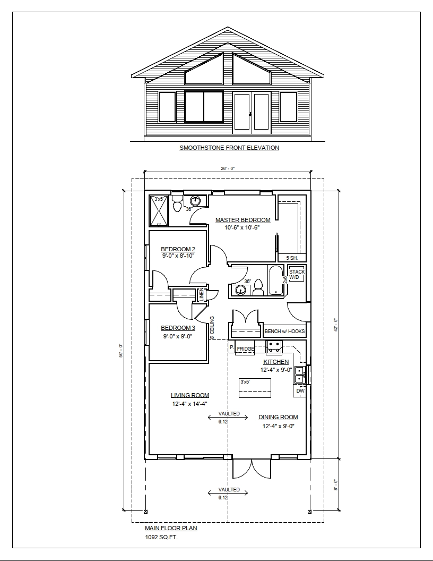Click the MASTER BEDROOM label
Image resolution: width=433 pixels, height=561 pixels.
coord(243,220)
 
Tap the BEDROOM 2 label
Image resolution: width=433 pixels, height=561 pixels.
coord(178,249)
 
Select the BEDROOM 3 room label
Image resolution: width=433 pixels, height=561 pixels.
coord(178,328)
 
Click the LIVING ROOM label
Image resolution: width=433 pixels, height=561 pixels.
coord(189,395)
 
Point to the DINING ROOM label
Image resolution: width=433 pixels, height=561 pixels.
coord(278,417)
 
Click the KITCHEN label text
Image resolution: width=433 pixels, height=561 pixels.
coord(276,362)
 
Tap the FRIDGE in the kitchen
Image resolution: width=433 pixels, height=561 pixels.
coord(245,349)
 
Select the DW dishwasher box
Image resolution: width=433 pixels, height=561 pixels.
coord(300,391)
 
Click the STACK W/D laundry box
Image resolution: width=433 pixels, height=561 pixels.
coord(297,274)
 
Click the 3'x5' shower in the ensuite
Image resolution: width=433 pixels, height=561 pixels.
coord(159,211)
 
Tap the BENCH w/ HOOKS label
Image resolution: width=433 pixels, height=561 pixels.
coord(285,331)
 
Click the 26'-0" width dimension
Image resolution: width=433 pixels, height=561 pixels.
coord(227,168)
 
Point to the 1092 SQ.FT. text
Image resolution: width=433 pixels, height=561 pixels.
coord(161,537)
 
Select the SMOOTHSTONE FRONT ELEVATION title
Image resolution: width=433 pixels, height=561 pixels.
coord(229,148)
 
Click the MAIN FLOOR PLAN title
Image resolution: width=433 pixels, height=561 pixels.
coord(171,529)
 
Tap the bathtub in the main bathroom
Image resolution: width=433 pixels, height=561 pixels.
coord(276,280)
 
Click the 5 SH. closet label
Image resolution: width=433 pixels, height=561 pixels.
coord(292,258)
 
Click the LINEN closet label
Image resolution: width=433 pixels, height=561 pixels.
coord(202,294)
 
